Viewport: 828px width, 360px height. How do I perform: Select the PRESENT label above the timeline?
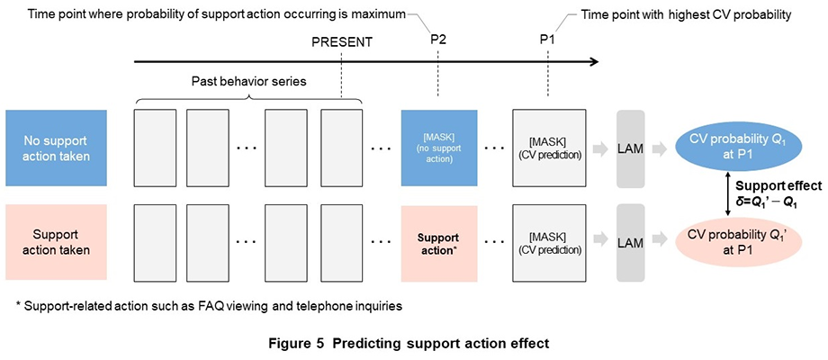coord(342,41)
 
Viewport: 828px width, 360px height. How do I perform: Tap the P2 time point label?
coord(437,41)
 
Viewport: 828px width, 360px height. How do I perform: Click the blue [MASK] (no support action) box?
coord(436,137)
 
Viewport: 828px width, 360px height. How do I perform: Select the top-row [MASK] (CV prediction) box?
coord(548,137)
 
